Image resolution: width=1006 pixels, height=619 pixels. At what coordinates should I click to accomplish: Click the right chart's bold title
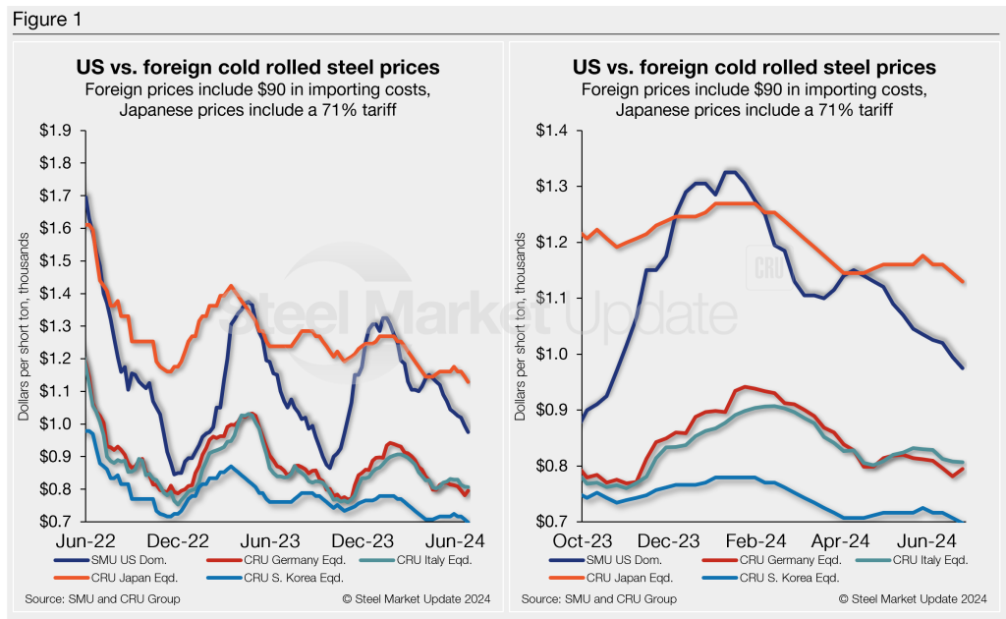coord(754,68)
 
